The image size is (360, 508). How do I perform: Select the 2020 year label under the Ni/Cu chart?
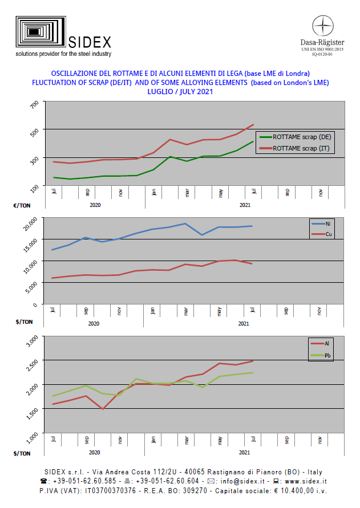tap(94, 323)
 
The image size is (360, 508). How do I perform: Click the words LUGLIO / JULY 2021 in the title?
tap(180, 92)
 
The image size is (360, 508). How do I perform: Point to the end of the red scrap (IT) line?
tap(253, 125)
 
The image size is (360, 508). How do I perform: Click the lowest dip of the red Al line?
tap(103, 409)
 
